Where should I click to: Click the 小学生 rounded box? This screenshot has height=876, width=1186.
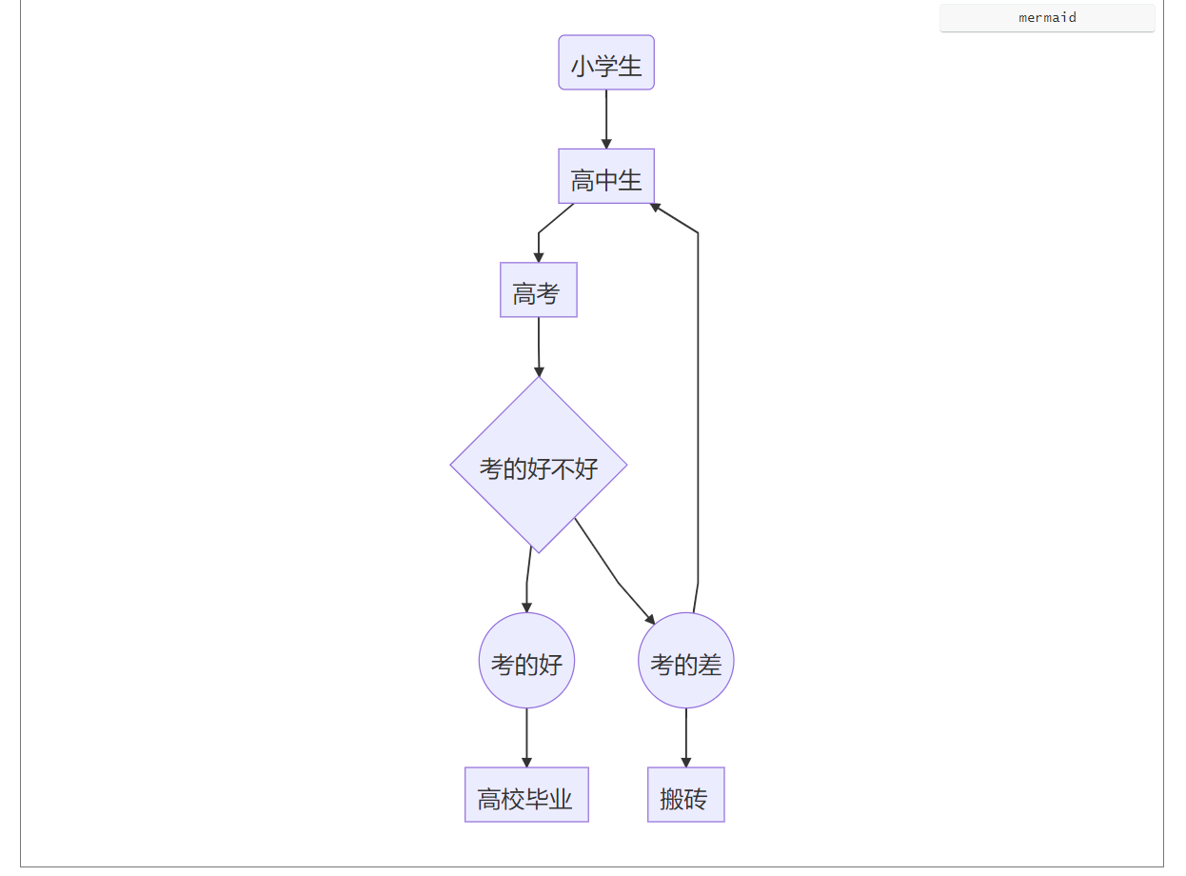(606, 63)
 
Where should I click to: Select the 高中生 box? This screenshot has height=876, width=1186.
(606, 176)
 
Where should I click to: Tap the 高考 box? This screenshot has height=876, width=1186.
(539, 289)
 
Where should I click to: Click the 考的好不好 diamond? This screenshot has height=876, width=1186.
(539, 466)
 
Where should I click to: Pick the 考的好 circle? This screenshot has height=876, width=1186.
(526, 661)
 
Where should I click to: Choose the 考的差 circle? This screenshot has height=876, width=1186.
(686, 661)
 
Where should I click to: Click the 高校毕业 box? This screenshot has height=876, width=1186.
(526, 795)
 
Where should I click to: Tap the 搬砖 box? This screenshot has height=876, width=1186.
(686, 795)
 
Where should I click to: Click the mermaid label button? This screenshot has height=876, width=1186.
(1047, 18)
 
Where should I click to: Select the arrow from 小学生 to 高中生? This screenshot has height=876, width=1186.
(606, 118)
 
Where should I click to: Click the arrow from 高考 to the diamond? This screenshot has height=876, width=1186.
(539, 345)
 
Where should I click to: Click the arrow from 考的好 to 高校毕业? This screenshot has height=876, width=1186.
(526, 737)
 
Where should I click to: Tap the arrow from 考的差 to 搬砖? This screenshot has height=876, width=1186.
(686, 737)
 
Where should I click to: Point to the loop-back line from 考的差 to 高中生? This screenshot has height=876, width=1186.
(698, 400)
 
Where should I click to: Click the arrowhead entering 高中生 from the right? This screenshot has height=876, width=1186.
(656, 206)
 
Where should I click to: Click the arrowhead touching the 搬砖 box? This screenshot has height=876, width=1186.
(686, 762)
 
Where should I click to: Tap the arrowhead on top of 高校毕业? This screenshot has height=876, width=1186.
(526, 762)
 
